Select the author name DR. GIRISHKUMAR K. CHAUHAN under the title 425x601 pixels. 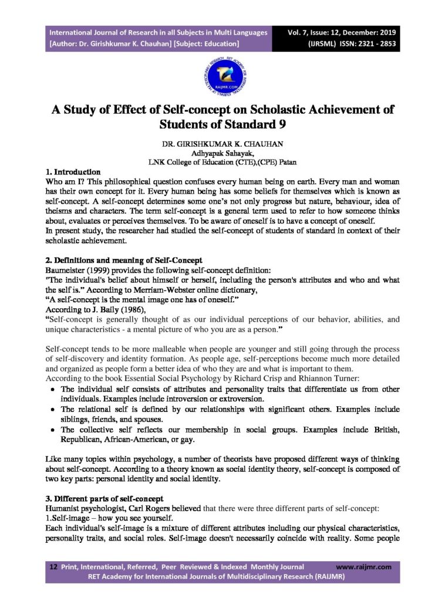(212, 144)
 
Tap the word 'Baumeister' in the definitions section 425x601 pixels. (65, 269)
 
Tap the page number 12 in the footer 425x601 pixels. (53, 567)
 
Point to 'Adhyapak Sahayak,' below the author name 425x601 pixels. (212, 153)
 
